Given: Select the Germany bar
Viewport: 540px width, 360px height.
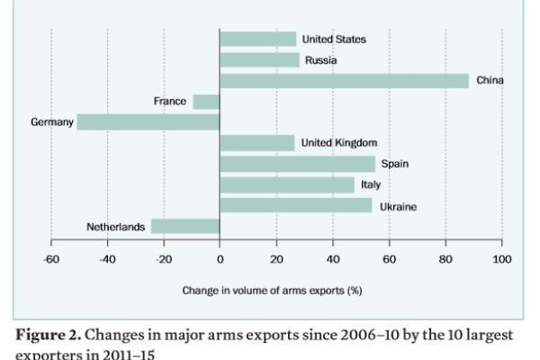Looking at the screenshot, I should tap(148, 122).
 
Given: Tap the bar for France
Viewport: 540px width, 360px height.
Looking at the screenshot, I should tap(206, 102).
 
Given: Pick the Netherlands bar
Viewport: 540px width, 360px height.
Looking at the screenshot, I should tap(185, 227).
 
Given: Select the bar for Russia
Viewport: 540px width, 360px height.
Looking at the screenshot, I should tap(259, 60).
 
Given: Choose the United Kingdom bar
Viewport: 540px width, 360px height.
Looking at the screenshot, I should tap(256, 143).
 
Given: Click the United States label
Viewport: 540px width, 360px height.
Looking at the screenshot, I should tap(334, 40).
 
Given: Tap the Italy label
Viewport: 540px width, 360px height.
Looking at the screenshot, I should tap(371, 185).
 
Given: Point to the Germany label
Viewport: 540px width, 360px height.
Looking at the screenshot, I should tap(51, 122).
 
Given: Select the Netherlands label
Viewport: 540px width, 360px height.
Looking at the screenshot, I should tap(115, 228).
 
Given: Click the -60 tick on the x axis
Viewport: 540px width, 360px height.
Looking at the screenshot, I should tap(51, 259).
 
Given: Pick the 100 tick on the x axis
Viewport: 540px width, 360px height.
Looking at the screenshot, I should tap(501, 259).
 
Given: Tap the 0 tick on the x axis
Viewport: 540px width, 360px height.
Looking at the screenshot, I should tap(220, 259).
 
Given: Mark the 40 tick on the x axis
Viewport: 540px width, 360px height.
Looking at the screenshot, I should tap(332, 259).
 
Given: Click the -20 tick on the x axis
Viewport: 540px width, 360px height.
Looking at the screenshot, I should tap(163, 259).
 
